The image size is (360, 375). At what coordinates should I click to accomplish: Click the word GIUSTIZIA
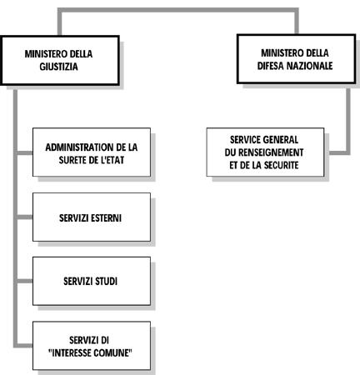(58, 67)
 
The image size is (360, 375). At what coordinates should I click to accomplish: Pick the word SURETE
(71, 160)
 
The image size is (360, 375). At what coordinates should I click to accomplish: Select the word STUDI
(106, 282)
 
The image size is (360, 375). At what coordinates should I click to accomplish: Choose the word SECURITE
(281, 165)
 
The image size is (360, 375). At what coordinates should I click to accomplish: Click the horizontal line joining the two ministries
(178, 10)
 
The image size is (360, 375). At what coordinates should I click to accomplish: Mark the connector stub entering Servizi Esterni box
(24, 217)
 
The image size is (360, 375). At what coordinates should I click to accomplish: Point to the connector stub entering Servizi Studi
(24, 282)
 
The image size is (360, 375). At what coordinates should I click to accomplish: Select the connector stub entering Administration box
(24, 153)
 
